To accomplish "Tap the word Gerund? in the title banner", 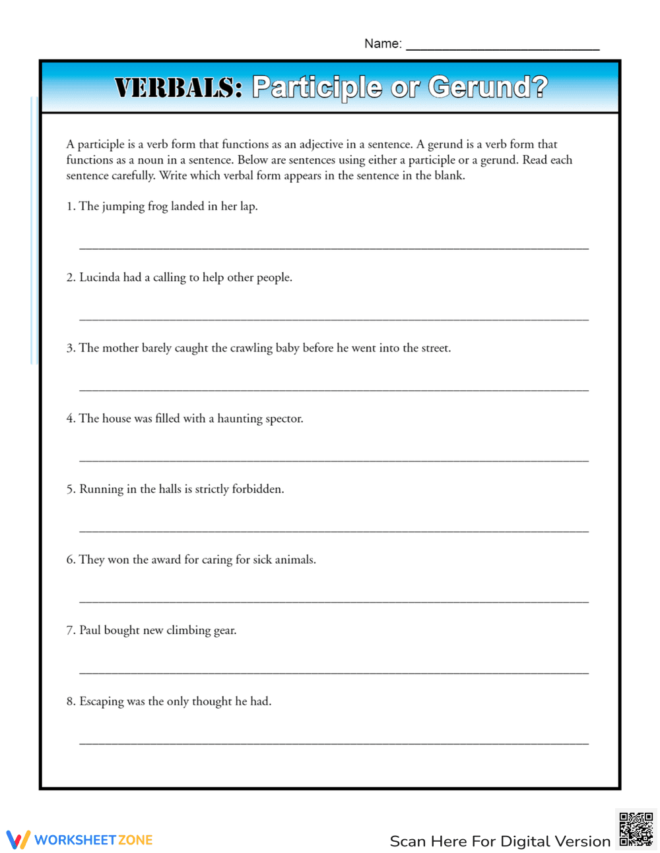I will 488,88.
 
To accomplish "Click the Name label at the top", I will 382,44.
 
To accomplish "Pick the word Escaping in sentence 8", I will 102,701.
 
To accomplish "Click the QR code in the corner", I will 636,829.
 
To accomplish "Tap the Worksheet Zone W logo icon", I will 18,839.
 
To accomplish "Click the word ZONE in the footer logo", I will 135,840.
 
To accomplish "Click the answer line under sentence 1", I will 334,248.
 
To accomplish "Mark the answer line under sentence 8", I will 334,743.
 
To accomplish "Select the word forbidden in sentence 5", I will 257,489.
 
